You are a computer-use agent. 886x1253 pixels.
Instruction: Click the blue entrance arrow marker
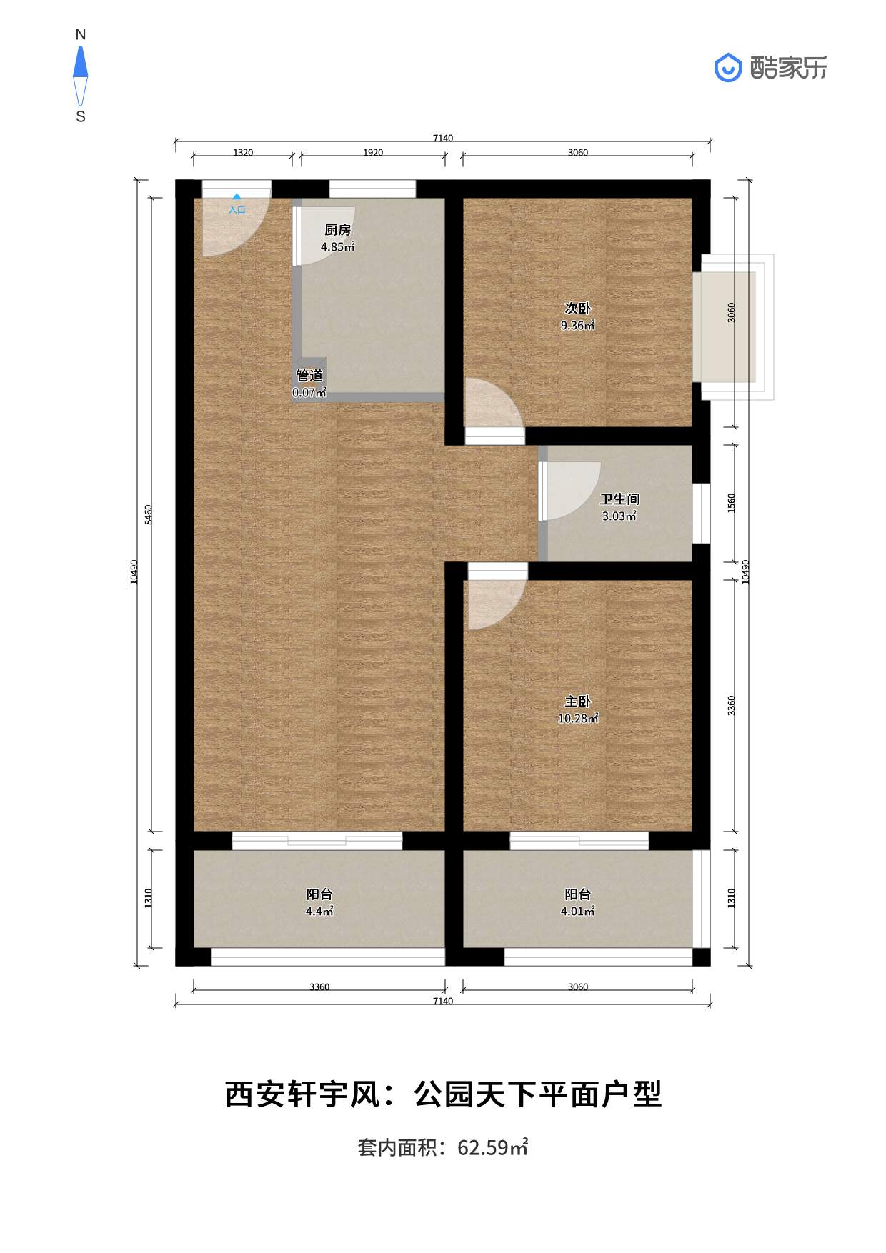(x=237, y=196)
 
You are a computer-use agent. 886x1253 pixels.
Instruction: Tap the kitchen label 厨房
(x=337, y=230)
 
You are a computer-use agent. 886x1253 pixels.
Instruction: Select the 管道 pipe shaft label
(x=309, y=376)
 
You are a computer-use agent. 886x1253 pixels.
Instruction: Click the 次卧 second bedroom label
(x=577, y=309)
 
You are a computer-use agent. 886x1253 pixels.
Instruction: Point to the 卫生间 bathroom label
(x=619, y=499)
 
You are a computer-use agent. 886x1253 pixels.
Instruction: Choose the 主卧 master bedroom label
(x=577, y=702)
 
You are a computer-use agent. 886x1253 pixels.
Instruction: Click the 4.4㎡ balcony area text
(x=319, y=912)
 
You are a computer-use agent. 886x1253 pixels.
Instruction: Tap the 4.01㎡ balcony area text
(x=577, y=912)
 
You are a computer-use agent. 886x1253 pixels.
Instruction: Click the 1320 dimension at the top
(x=243, y=152)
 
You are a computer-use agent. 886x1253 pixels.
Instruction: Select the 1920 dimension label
(x=373, y=152)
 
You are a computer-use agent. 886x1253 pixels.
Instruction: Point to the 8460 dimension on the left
(x=149, y=514)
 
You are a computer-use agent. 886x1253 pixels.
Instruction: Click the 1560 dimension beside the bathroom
(x=731, y=503)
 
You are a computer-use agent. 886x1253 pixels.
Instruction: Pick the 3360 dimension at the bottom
(x=319, y=987)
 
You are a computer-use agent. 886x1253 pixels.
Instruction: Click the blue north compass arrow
(x=81, y=62)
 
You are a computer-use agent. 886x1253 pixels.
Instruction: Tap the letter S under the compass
(x=81, y=116)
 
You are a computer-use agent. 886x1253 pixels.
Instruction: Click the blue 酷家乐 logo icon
(x=728, y=68)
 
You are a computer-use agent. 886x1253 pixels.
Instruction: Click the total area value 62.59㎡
(x=492, y=1147)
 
